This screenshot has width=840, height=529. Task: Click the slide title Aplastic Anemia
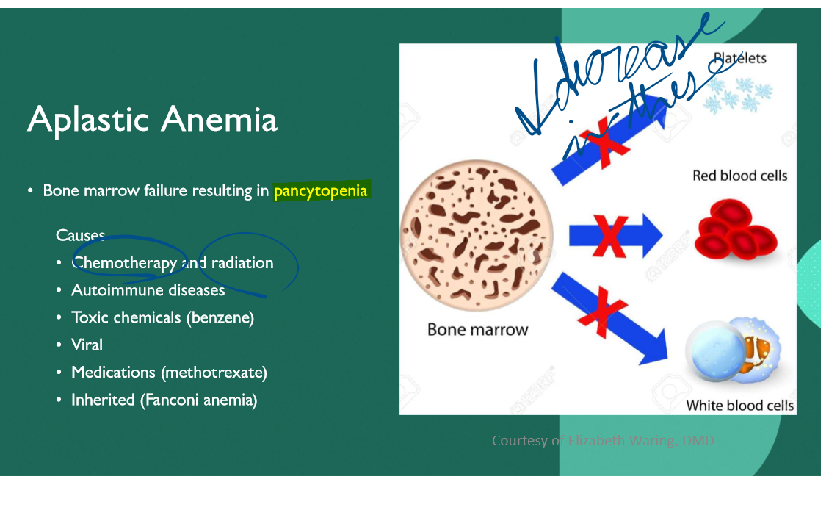152,119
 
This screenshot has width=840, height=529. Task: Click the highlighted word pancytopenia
320,191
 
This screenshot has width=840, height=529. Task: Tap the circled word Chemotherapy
124,263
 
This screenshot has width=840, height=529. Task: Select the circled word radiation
242,263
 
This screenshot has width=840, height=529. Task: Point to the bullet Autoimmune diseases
148,290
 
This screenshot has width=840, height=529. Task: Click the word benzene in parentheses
227,317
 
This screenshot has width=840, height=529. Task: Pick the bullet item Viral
87,345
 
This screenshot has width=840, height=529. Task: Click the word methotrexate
214,373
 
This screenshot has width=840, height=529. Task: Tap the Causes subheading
80,235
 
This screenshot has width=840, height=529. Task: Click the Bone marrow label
477,330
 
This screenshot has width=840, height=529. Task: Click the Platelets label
739,58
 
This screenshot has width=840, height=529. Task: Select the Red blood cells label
739,176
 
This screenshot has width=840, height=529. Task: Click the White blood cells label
739,406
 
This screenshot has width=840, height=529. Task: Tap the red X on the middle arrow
609,235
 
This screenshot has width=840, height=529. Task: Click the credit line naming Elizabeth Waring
602,440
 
